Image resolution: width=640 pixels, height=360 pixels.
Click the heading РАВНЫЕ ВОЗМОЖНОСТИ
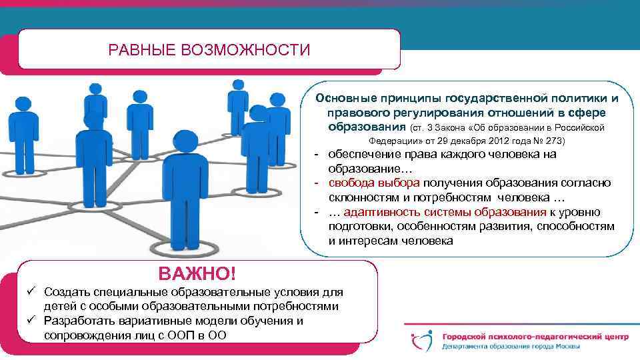coord(209,50)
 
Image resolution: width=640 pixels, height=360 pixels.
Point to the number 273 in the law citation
coord(553,141)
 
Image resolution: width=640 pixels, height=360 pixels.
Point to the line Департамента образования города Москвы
coord(511,347)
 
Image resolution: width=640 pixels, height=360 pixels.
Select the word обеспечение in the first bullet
coord(364,155)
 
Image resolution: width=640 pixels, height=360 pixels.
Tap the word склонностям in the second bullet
coord(363,198)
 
